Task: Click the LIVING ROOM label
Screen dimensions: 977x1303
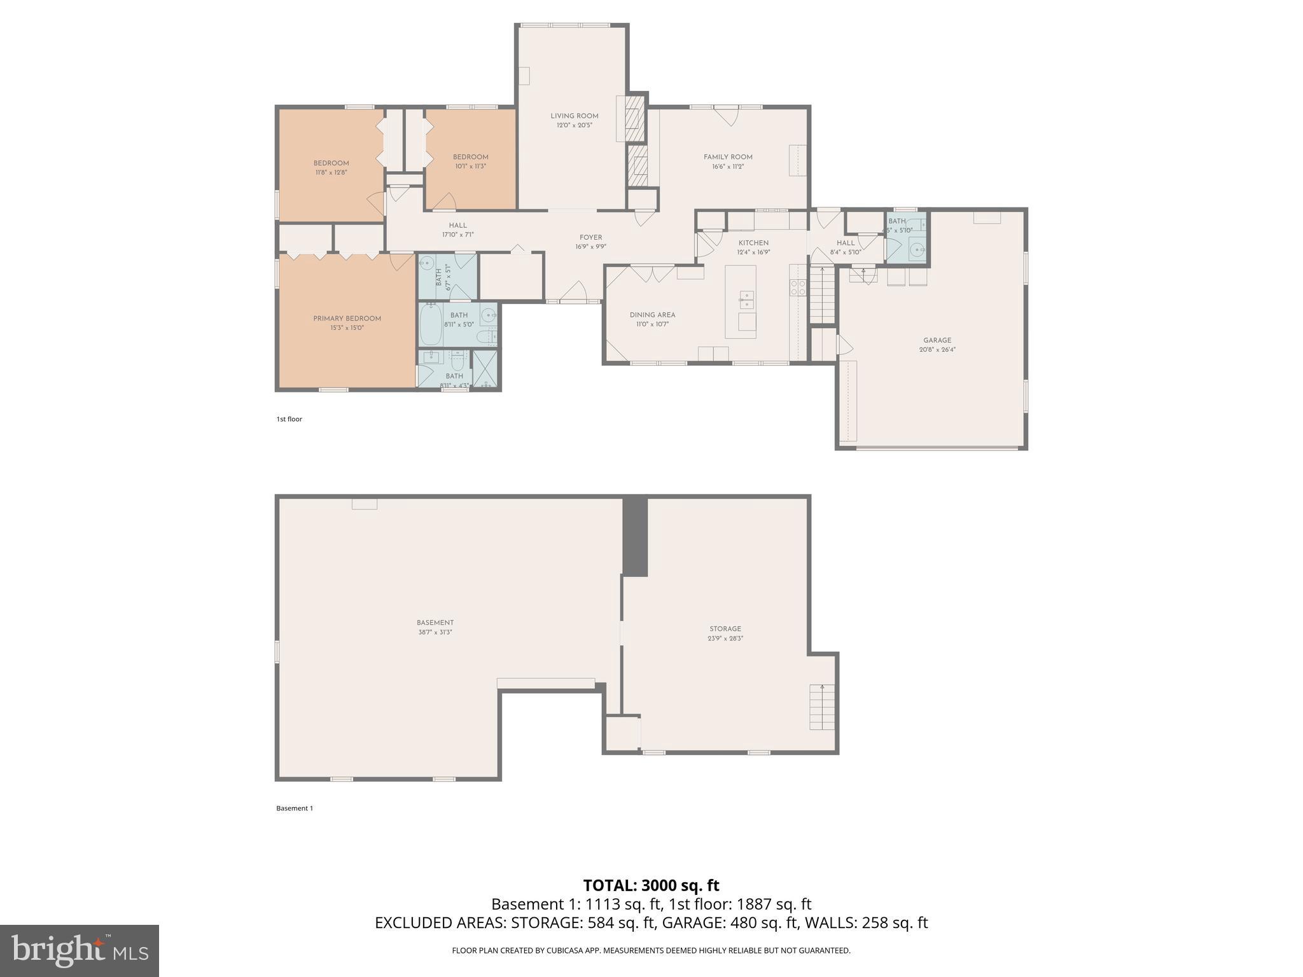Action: pos(574,116)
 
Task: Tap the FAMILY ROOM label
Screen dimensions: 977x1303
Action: pos(728,157)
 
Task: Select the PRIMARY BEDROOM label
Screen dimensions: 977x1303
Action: pos(347,319)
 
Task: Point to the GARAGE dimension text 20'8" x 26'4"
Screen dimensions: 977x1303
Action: pos(937,349)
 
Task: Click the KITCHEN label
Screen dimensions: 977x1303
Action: pos(753,243)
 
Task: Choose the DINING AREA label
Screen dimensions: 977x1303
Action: pos(652,315)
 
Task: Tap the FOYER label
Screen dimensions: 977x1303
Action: pos(590,238)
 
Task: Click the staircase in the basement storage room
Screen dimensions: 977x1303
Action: pos(821,707)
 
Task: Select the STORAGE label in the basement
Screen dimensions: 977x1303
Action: pos(725,628)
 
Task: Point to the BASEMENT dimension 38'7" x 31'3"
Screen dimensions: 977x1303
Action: pos(435,632)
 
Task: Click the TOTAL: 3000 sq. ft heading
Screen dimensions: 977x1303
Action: pos(651,885)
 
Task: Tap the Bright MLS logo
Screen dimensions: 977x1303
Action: pos(79,950)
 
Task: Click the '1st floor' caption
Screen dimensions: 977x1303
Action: pos(289,419)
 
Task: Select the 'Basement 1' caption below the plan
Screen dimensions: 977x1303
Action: pos(295,808)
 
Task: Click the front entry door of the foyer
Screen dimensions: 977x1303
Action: pos(573,294)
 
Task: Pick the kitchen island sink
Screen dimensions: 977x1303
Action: pos(746,299)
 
